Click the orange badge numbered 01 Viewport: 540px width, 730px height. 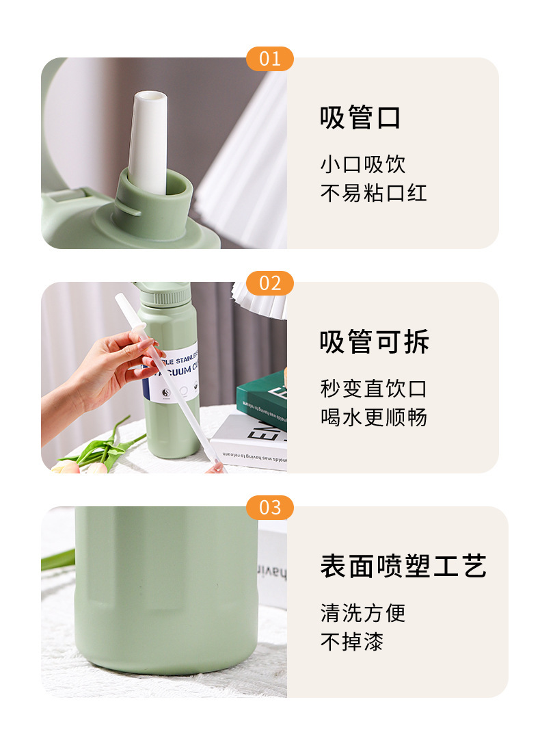(269, 59)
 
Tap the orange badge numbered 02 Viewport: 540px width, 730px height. (269, 283)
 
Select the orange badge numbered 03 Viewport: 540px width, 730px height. (269, 508)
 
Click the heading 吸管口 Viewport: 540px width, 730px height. (360, 118)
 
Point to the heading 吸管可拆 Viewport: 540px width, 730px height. (374, 342)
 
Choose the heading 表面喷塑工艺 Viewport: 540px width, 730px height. (403, 566)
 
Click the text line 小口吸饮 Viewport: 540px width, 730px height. (362, 164)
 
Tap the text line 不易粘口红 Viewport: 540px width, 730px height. (373, 193)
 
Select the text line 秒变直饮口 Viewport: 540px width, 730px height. (373, 389)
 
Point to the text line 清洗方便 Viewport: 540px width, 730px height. (362, 613)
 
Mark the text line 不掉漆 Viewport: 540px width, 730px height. (351, 642)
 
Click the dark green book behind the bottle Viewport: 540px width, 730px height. (263, 400)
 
